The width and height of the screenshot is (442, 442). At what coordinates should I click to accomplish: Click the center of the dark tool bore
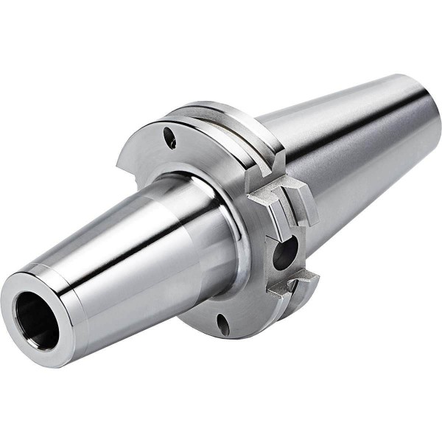pos(37,322)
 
